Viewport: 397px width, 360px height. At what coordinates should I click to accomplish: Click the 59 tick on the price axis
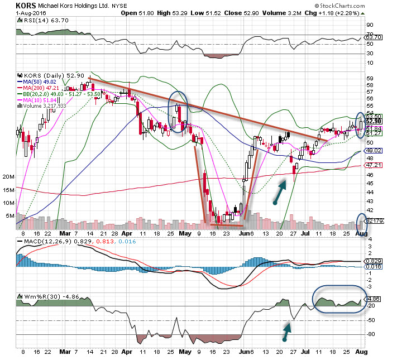point(370,79)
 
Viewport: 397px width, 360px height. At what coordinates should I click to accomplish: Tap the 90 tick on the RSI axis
point(369,25)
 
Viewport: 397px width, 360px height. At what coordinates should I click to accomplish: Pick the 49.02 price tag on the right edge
point(374,151)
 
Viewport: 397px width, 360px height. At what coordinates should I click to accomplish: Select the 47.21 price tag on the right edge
point(374,166)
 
